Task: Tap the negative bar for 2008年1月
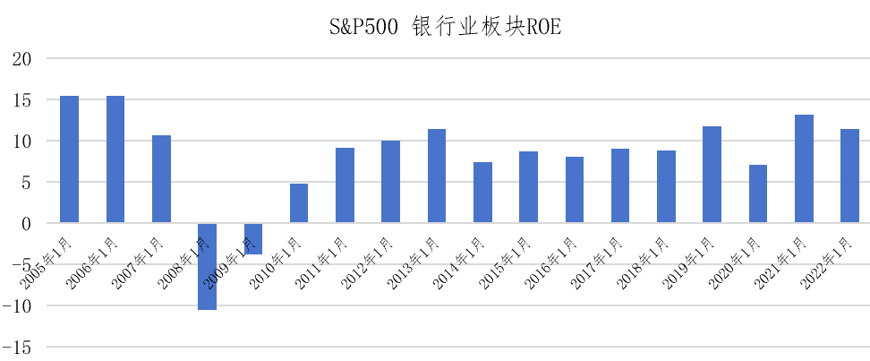tap(207, 266)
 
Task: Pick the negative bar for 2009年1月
tap(253, 238)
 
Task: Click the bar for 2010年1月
tap(299, 203)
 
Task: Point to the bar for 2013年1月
tap(437, 176)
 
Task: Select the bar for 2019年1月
tap(712, 175)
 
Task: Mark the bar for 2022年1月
tap(849, 176)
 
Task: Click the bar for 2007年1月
tap(161, 179)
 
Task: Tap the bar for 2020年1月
tap(758, 193)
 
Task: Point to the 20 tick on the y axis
tap(19, 59)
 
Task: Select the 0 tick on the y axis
tap(25, 223)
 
